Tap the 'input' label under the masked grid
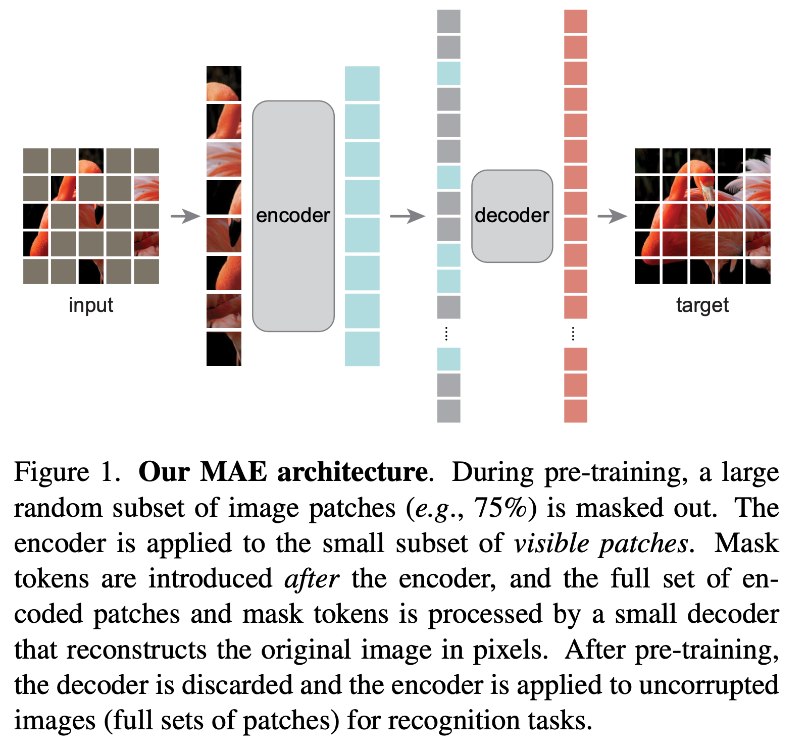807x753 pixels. (x=91, y=305)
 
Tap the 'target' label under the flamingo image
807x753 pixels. (x=702, y=305)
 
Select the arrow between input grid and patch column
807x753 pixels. (x=185, y=217)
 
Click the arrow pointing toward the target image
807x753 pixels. (x=612, y=217)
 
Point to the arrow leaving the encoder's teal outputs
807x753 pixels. (x=407, y=217)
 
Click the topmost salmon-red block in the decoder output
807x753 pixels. (x=575, y=21)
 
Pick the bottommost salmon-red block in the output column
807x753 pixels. (x=575, y=411)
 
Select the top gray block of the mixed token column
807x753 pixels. (x=448, y=21)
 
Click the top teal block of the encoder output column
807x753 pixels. (x=362, y=83)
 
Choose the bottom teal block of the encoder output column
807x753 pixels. (x=362, y=349)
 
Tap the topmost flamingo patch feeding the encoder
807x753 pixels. (x=224, y=83)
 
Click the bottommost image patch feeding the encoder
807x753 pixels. (x=224, y=349)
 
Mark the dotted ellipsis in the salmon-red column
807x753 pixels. (x=573, y=334)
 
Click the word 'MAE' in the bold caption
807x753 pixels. (x=233, y=472)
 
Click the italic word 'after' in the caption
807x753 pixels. (x=312, y=579)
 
